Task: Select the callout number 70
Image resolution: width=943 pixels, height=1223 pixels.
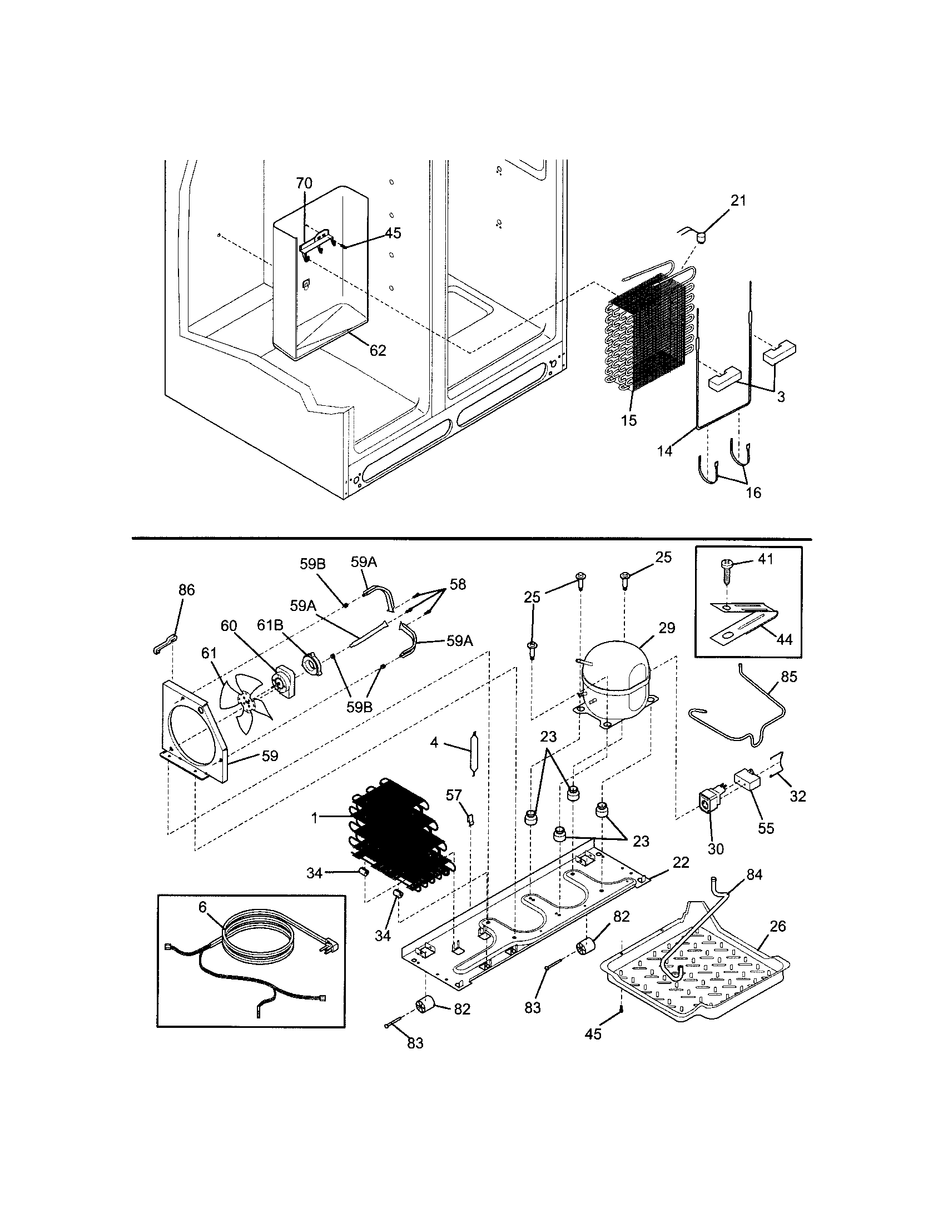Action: (304, 183)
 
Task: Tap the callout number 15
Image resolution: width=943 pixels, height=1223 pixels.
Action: (629, 420)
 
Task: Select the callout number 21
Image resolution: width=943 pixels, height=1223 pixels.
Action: (738, 201)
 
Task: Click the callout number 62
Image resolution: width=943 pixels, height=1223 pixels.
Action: (378, 351)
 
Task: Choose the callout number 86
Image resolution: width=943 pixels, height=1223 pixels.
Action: (186, 590)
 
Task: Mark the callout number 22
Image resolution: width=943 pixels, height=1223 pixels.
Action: (681, 862)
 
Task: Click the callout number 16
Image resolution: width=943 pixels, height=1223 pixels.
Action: (754, 493)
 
